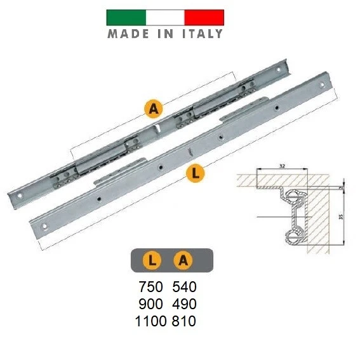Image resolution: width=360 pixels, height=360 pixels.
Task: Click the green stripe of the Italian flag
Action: [125, 17]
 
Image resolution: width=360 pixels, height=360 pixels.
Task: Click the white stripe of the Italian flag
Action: [164, 17]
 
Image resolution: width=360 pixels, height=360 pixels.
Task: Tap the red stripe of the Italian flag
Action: [203, 17]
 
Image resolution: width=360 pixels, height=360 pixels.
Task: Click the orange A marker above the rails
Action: [152, 109]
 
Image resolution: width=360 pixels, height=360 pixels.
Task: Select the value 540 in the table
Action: [183, 286]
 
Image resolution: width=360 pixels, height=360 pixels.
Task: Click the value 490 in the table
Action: [183, 303]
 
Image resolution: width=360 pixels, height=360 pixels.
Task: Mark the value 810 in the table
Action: [183, 321]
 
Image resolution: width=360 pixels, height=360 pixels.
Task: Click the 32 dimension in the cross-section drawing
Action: [281, 165]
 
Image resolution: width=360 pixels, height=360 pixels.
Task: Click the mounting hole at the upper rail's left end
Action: [20, 196]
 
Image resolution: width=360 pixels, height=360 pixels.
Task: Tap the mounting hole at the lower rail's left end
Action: [45, 225]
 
